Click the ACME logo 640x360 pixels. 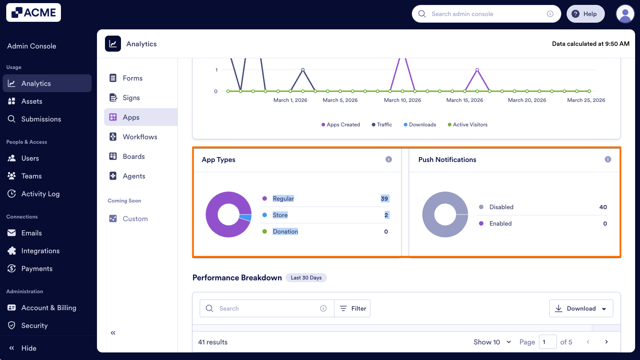coord(33,13)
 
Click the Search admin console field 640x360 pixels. coord(485,14)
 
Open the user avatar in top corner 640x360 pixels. coord(625,14)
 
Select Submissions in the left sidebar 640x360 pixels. coord(41,119)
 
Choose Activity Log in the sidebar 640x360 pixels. coord(40,194)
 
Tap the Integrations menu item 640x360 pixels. coord(40,251)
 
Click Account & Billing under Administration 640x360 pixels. coord(48,307)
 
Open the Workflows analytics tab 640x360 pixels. coord(140,137)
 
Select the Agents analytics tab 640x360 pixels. coord(134,176)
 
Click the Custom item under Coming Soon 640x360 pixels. coord(135,218)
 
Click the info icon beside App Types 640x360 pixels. coord(389,159)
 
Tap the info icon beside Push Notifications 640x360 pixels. coord(608,159)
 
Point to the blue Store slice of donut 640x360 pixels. coord(246,218)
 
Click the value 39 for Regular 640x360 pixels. coord(384,198)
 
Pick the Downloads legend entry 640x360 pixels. coord(422,125)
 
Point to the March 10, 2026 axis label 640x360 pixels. coord(402,100)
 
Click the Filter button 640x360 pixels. coord(353,308)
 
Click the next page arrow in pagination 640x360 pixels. coord(606,342)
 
